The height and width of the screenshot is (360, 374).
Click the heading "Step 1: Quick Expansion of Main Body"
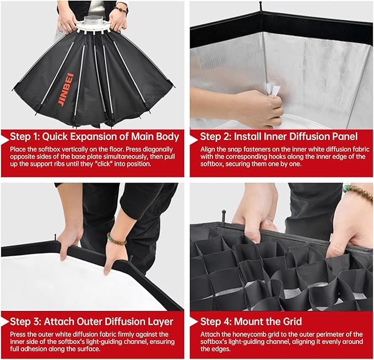pyautogui.click(x=94, y=137)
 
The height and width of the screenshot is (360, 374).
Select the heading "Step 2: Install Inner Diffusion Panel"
pyautogui.click(x=279, y=137)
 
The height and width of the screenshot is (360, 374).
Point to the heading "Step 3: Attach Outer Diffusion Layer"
pyautogui.click(x=91, y=322)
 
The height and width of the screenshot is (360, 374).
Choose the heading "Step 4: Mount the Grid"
pyautogui.click(x=251, y=322)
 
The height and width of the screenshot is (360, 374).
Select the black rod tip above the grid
pyautogui.click(x=224, y=215)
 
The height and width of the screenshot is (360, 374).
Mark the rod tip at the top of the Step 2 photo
pyautogui.click(x=261, y=6)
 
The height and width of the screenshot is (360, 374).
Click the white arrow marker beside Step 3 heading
pyautogui.click(x=5, y=322)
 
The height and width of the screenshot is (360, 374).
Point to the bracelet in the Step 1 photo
pyautogui.click(x=121, y=10)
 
